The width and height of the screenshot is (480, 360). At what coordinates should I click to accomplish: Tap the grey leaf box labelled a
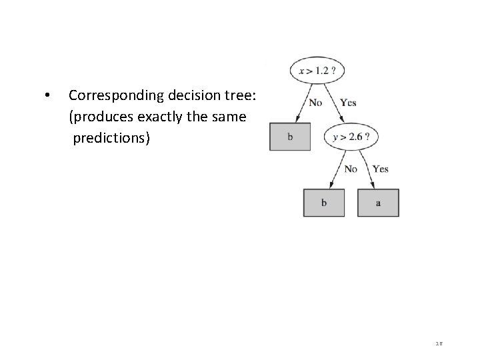(378, 203)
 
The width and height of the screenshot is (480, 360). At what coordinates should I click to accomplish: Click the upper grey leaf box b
(290, 137)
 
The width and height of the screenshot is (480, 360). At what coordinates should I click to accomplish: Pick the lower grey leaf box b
(324, 203)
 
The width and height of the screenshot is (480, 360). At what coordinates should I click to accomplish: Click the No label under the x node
(316, 103)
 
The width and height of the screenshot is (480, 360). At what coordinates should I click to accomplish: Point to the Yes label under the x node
(348, 103)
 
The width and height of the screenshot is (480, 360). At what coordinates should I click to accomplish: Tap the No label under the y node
(351, 169)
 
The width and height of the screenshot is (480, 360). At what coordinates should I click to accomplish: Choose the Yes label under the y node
(381, 169)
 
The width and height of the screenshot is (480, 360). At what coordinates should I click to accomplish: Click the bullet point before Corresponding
(45, 95)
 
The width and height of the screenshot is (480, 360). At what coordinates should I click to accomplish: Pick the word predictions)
(112, 139)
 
